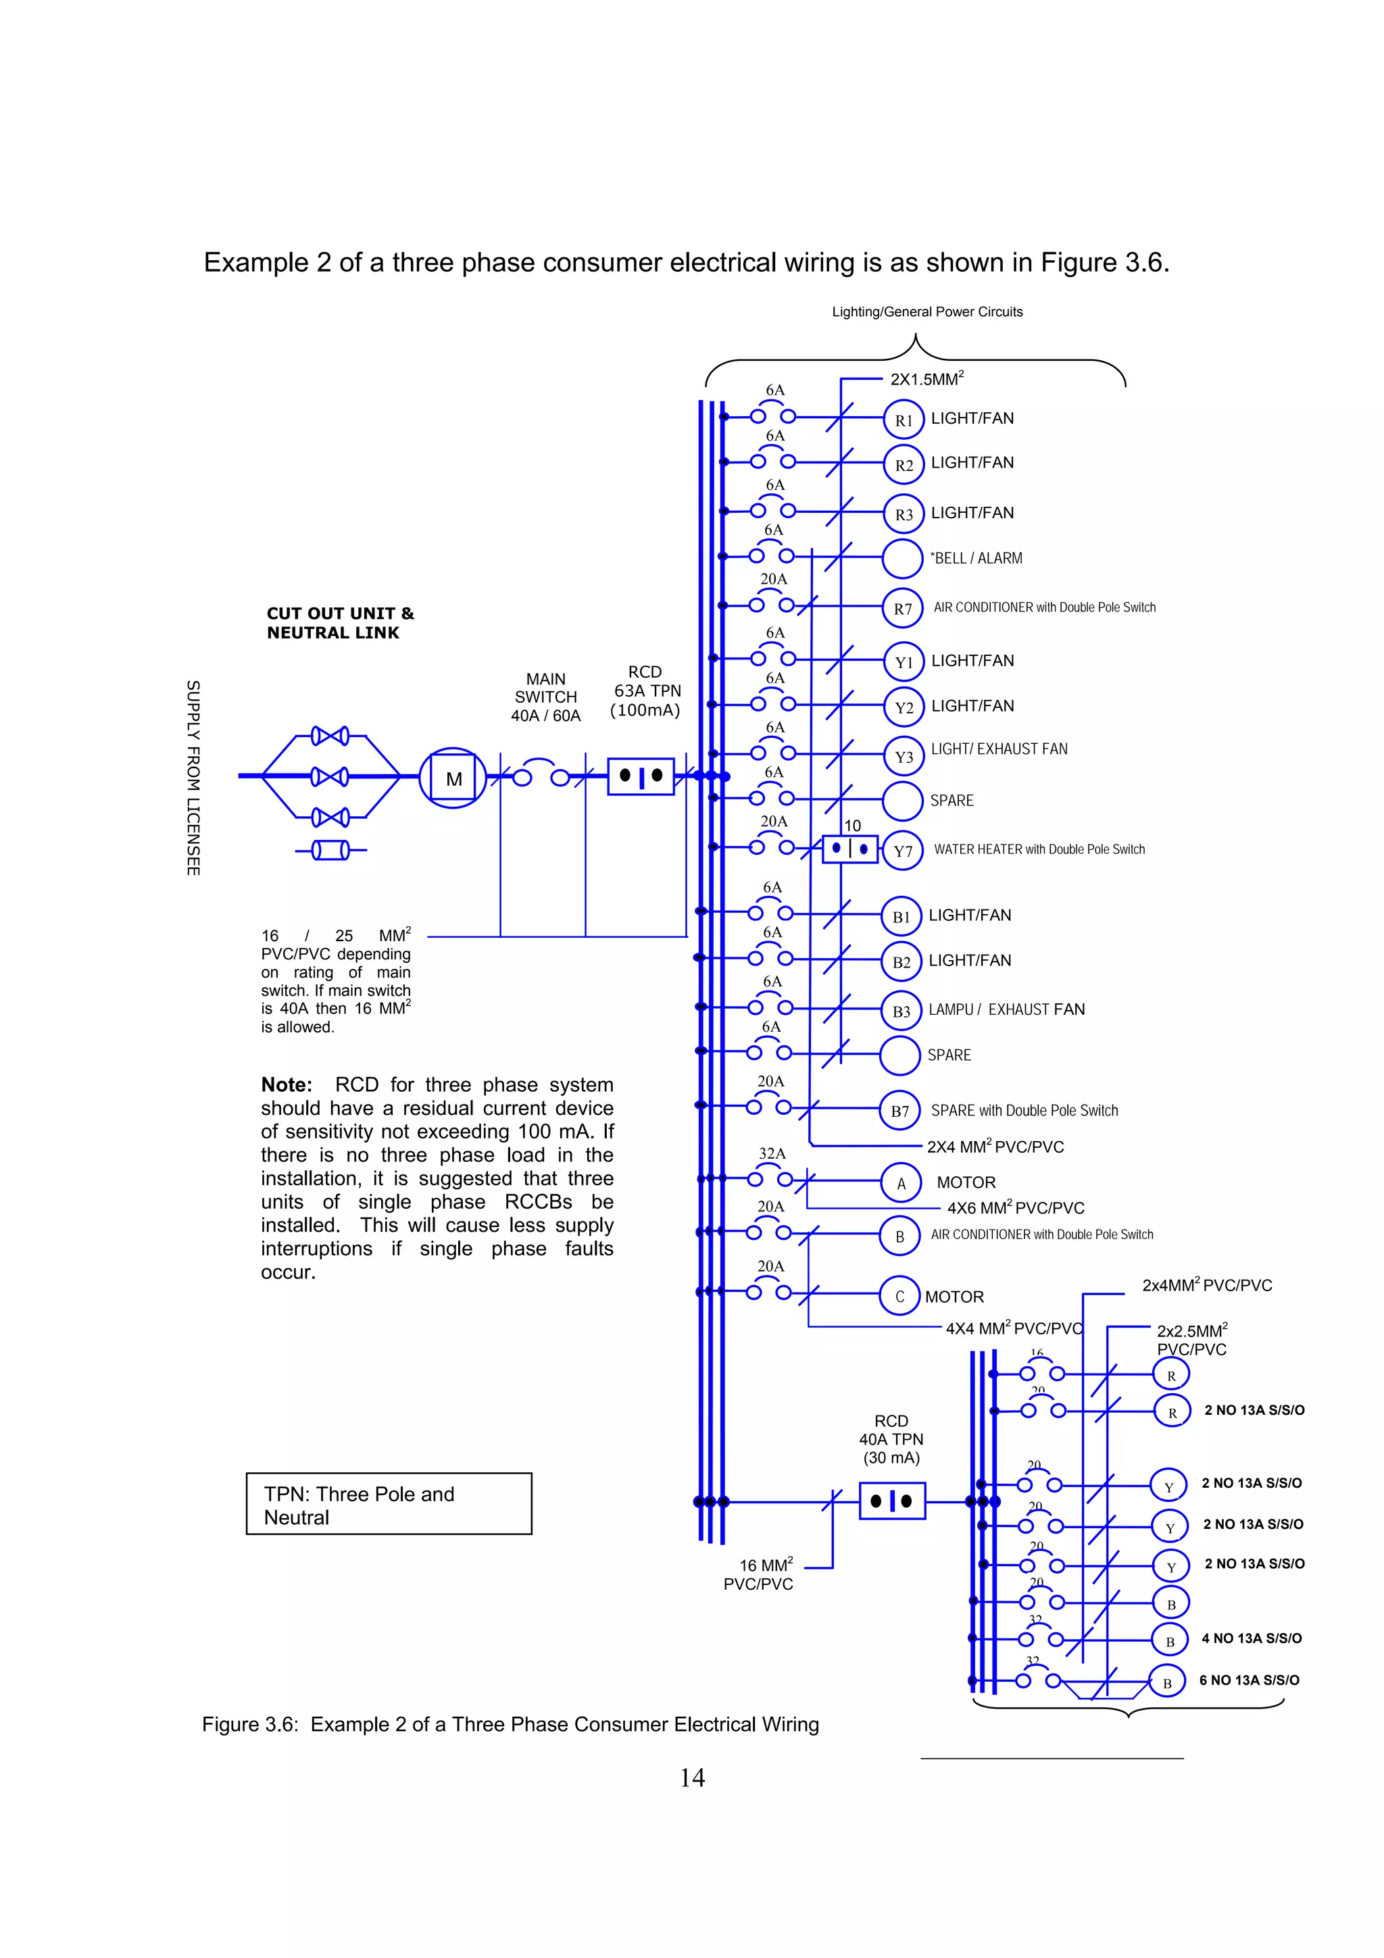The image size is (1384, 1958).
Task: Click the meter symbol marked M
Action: click(453, 778)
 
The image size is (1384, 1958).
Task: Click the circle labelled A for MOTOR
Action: click(901, 1183)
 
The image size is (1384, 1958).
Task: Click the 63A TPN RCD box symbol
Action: click(641, 776)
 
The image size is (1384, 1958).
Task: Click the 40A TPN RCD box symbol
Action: click(892, 1501)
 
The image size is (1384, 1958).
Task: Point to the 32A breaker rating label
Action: click(772, 1153)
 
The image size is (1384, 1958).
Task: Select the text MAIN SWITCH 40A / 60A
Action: click(546, 697)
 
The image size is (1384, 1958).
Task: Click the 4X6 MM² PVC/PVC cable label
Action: click(1016, 1207)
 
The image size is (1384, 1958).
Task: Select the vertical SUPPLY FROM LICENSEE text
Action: click(193, 777)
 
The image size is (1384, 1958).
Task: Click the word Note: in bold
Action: click(287, 1085)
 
